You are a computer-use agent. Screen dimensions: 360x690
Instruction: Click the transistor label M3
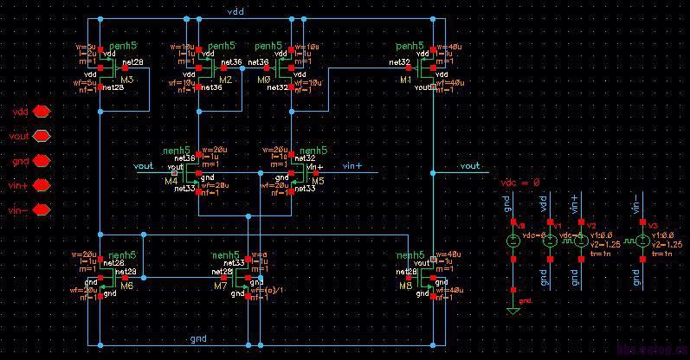(127, 80)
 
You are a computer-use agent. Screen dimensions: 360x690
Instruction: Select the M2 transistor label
(225, 80)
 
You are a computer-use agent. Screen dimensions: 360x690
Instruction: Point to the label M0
(264, 80)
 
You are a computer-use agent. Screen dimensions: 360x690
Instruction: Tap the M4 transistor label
(170, 182)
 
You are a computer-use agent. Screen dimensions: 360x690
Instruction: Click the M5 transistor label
(318, 182)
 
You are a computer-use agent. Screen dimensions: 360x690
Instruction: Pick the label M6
(126, 286)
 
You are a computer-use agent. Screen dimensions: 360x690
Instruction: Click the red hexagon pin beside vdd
(41, 112)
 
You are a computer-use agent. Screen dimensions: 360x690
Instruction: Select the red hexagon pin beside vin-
(41, 210)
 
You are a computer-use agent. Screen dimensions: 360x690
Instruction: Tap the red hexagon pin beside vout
(41, 136)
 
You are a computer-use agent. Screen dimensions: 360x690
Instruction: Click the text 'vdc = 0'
(520, 183)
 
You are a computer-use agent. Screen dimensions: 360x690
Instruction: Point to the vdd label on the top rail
(235, 11)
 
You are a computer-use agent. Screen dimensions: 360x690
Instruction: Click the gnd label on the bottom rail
(198, 338)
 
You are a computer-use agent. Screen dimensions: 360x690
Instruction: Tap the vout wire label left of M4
(144, 164)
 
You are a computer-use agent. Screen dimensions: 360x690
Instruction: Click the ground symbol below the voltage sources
(513, 309)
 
